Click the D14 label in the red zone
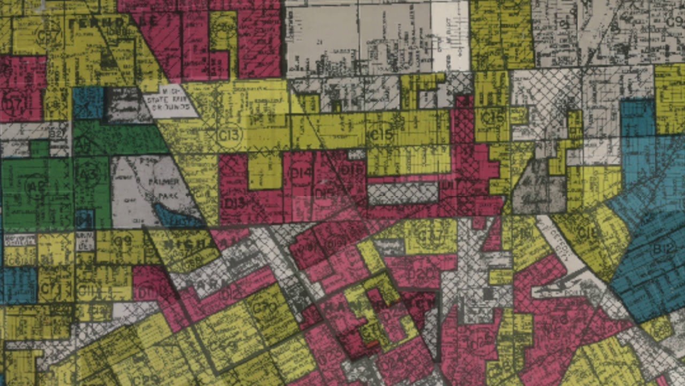301,173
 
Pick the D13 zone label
234,203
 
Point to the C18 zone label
591,232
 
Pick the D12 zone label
231,294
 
